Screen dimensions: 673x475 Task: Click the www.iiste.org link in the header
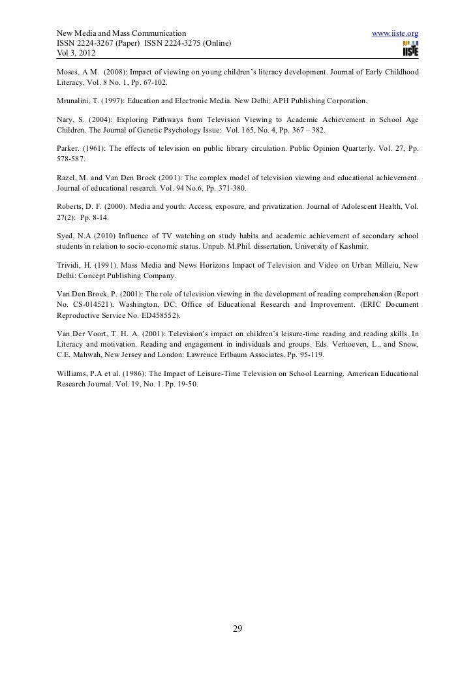pyautogui.click(x=394, y=33)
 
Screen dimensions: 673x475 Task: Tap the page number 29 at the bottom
pyautogui.click(x=237, y=629)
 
